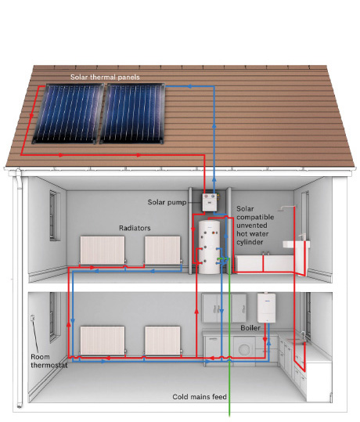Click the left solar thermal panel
click(68, 114)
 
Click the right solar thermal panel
click(132, 114)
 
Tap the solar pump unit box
click(210, 202)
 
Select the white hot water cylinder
click(209, 247)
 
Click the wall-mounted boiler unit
click(266, 308)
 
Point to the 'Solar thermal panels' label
click(105, 78)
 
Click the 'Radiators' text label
click(135, 229)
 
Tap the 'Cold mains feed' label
click(200, 397)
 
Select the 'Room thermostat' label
click(49, 361)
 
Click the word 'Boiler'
click(250, 328)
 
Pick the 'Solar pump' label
click(167, 202)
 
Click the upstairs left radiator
click(103, 250)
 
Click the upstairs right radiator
click(163, 250)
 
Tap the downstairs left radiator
click(103, 340)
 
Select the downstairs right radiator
click(163, 340)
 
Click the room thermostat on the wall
click(33, 318)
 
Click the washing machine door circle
click(244, 349)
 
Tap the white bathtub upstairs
click(265, 263)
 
